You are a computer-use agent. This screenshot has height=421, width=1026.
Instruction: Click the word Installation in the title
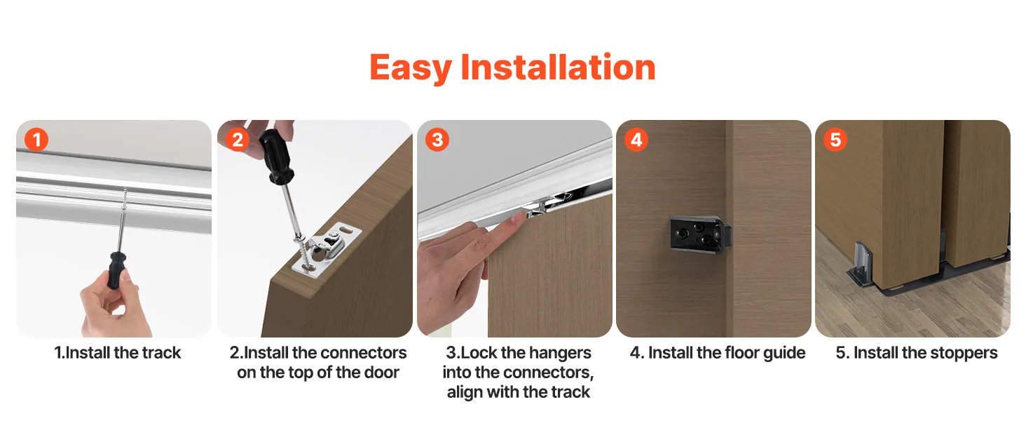[x=558, y=67]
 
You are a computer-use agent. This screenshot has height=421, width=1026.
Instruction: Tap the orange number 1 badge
[x=36, y=140]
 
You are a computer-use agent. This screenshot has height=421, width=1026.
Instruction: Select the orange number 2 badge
[x=238, y=140]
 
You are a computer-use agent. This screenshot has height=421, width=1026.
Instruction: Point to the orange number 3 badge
[x=437, y=140]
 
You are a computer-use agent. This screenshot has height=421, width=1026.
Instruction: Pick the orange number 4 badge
[x=636, y=140]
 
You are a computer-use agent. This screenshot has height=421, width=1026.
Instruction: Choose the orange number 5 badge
[x=835, y=140]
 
